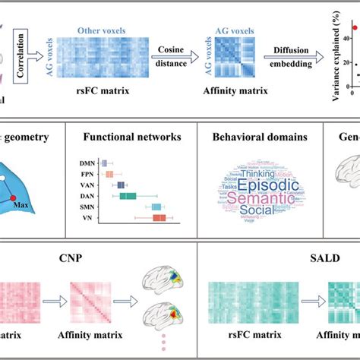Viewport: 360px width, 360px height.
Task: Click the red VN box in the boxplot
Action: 159,218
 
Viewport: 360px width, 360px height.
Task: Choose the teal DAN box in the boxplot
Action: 128,196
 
